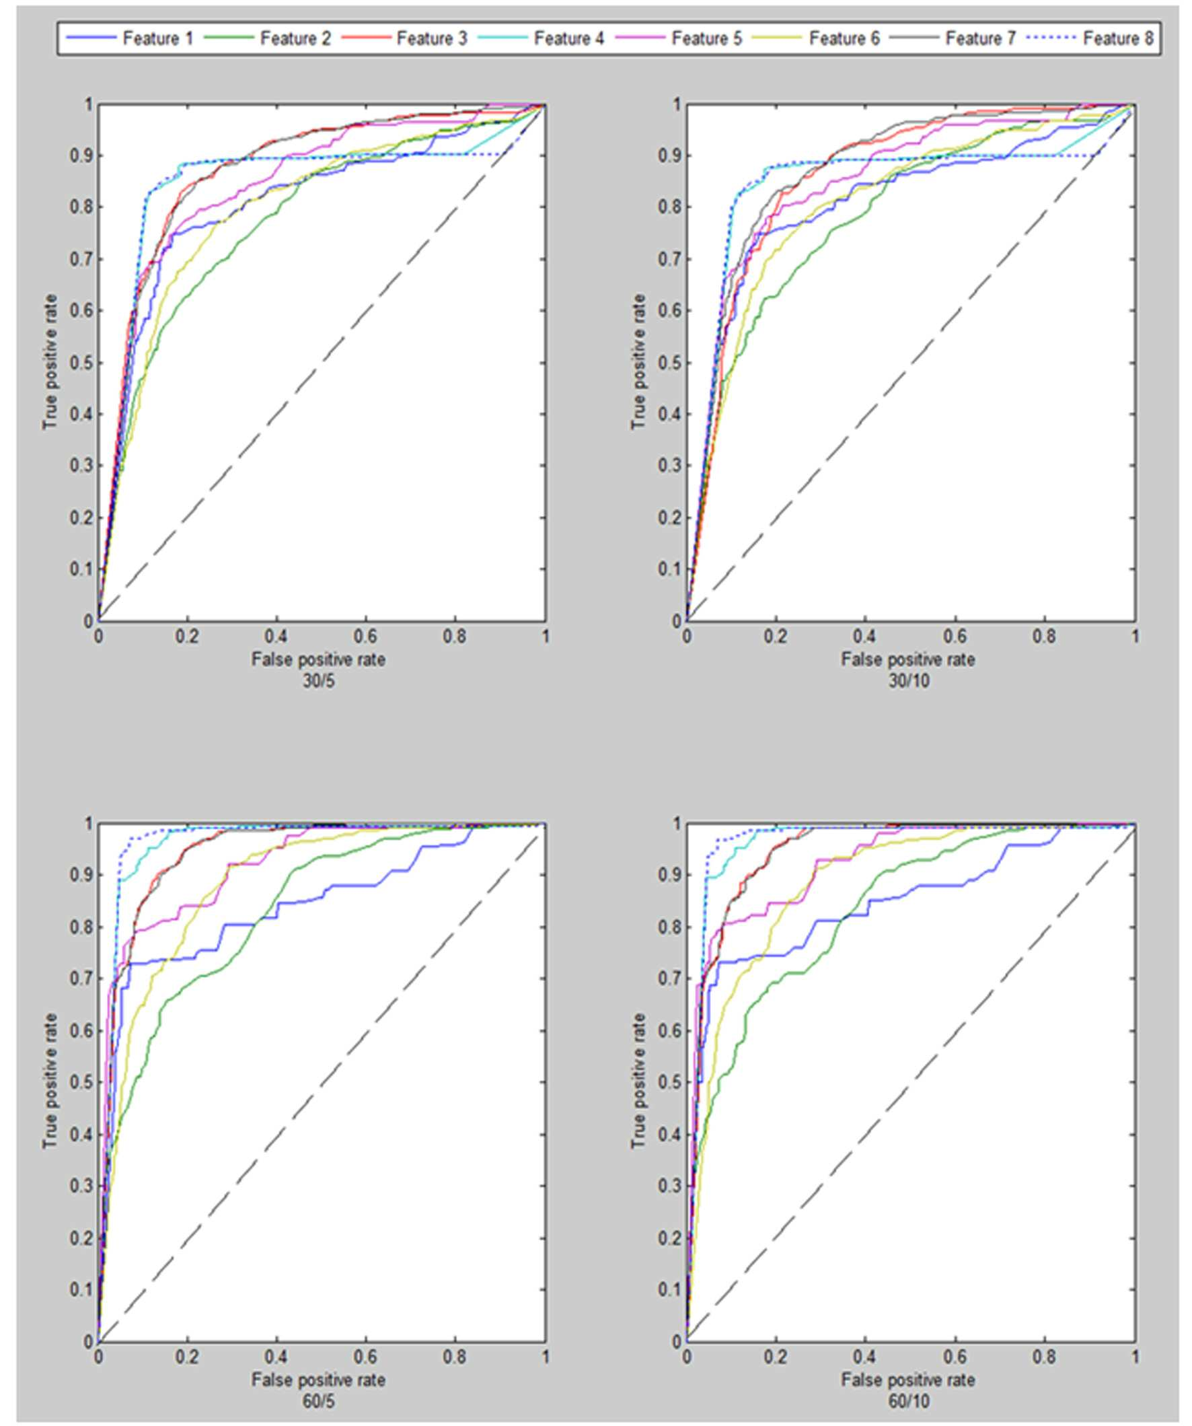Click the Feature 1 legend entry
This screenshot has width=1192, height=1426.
pos(130,38)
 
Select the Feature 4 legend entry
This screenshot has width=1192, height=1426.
pos(541,38)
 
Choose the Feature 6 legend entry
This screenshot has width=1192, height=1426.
pos(815,38)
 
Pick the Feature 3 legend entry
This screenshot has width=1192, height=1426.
pos(404,38)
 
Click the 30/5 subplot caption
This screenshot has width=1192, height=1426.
pos(318,680)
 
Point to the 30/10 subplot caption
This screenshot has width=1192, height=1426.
pos(908,680)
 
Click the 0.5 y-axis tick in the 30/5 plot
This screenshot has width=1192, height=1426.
pos(81,363)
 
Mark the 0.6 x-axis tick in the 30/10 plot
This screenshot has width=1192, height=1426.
pos(955,637)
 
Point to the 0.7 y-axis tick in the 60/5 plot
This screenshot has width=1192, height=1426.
pos(81,978)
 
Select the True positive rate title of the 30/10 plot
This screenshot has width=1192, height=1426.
pos(638,362)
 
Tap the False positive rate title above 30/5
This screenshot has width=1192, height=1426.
pos(318,659)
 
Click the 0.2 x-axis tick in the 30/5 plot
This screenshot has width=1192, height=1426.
pos(188,637)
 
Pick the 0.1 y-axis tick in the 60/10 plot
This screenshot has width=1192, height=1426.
pos(669,1288)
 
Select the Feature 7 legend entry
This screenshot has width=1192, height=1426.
pos(953,38)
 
